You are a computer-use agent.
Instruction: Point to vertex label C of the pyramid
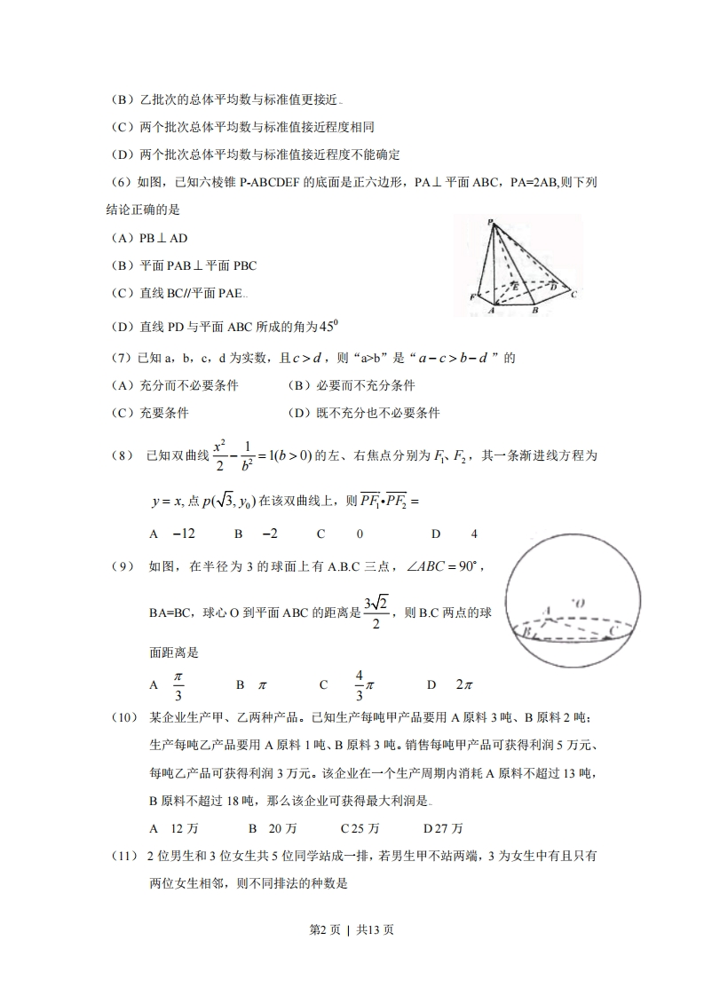coord(574,294)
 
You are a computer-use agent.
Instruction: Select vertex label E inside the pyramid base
coord(515,287)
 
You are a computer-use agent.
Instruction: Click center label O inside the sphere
coord(579,604)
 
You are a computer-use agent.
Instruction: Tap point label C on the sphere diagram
coord(613,628)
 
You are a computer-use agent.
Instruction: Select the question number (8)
coord(122,455)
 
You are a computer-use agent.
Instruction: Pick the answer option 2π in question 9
coord(463,684)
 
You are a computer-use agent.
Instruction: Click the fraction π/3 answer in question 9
coord(178,684)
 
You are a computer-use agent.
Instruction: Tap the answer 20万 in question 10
coord(282,828)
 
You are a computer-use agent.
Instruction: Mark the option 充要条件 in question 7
coord(164,413)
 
